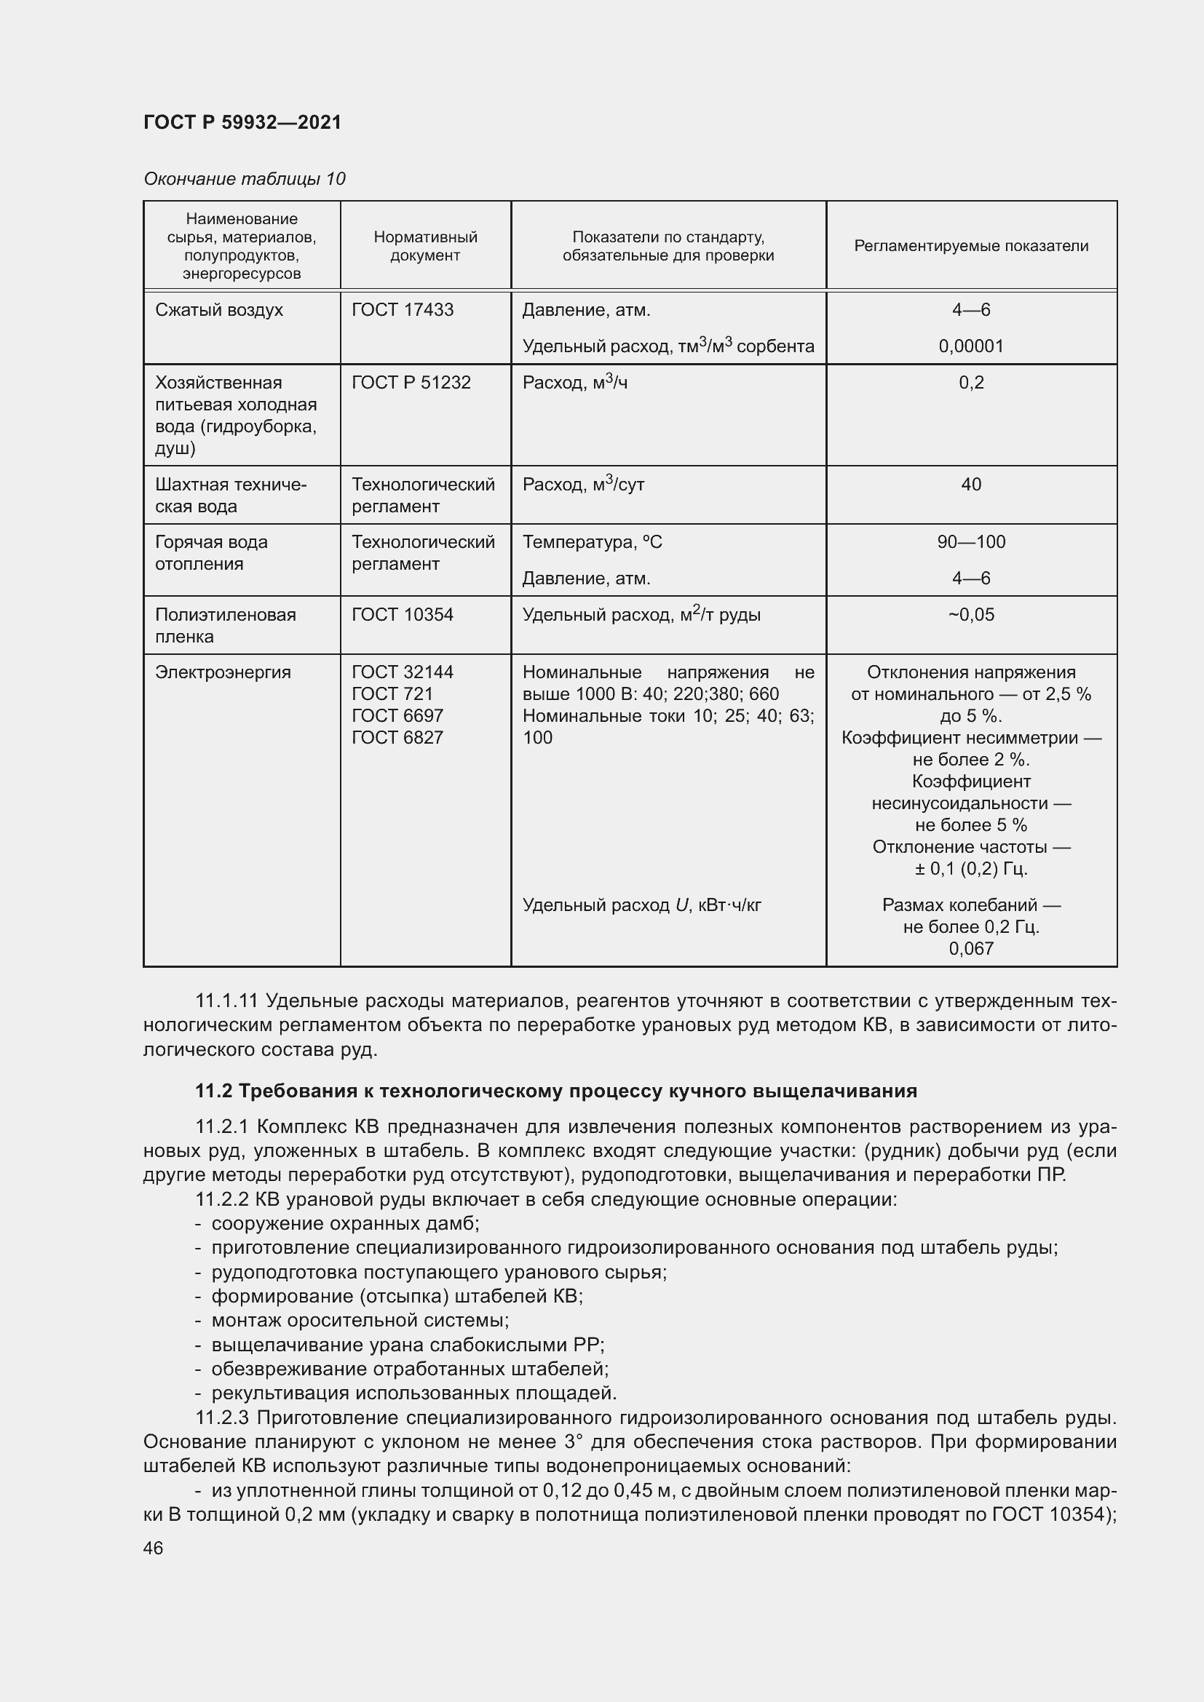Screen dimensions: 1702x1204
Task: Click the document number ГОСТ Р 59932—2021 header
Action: (x=242, y=122)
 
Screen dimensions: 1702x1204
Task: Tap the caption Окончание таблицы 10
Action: (x=244, y=179)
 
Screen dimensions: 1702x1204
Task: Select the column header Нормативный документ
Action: (x=425, y=246)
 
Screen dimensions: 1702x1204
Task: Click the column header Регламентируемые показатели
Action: (x=970, y=246)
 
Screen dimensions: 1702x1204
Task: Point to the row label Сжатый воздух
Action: (x=218, y=310)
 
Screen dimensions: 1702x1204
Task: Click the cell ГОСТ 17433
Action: (x=403, y=310)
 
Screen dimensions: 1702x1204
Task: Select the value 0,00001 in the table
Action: (x=970, y=346)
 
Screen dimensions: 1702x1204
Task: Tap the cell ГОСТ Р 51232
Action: (x=411, y=383)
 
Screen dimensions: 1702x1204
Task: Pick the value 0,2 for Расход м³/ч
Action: (x=970, y=383)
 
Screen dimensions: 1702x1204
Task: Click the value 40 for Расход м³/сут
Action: (x=970, y=484)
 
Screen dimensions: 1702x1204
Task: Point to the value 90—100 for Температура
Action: (x=970, y=542)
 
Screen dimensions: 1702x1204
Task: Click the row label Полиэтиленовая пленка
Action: (x=225, y=625)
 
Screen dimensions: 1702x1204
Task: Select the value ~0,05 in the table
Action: (x=970, y=615)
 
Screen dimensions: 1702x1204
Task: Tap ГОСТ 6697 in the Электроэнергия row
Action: (x=397, y=715)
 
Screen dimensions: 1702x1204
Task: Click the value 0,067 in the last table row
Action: (x=970, y=948)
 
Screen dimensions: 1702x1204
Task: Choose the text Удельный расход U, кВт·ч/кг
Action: (x=641, y=905)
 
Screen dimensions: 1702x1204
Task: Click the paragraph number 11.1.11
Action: (x=226, y=1001)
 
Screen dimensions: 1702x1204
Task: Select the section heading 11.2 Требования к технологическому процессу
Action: (x=555, y=1091)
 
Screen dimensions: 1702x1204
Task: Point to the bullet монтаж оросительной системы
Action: (x=360, y=1320)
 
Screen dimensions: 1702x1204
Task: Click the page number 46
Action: (x=154, y=1548)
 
